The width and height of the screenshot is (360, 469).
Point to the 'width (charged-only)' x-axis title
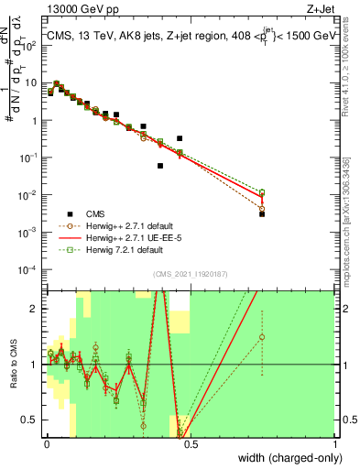[x=288, y=457]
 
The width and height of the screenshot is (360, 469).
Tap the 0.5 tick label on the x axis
[x=190, y=443]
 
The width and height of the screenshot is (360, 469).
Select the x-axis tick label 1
[x=335, y=443]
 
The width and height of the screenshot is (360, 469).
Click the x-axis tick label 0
[x=46, y=443]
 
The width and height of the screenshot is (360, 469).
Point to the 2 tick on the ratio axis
[x=36, y=308]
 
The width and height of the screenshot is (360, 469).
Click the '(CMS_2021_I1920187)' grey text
[x=191, y=274]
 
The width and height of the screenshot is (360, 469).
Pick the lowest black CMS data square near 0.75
[x=262, y=213]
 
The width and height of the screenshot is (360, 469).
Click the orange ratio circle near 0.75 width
[x=262, y=337]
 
